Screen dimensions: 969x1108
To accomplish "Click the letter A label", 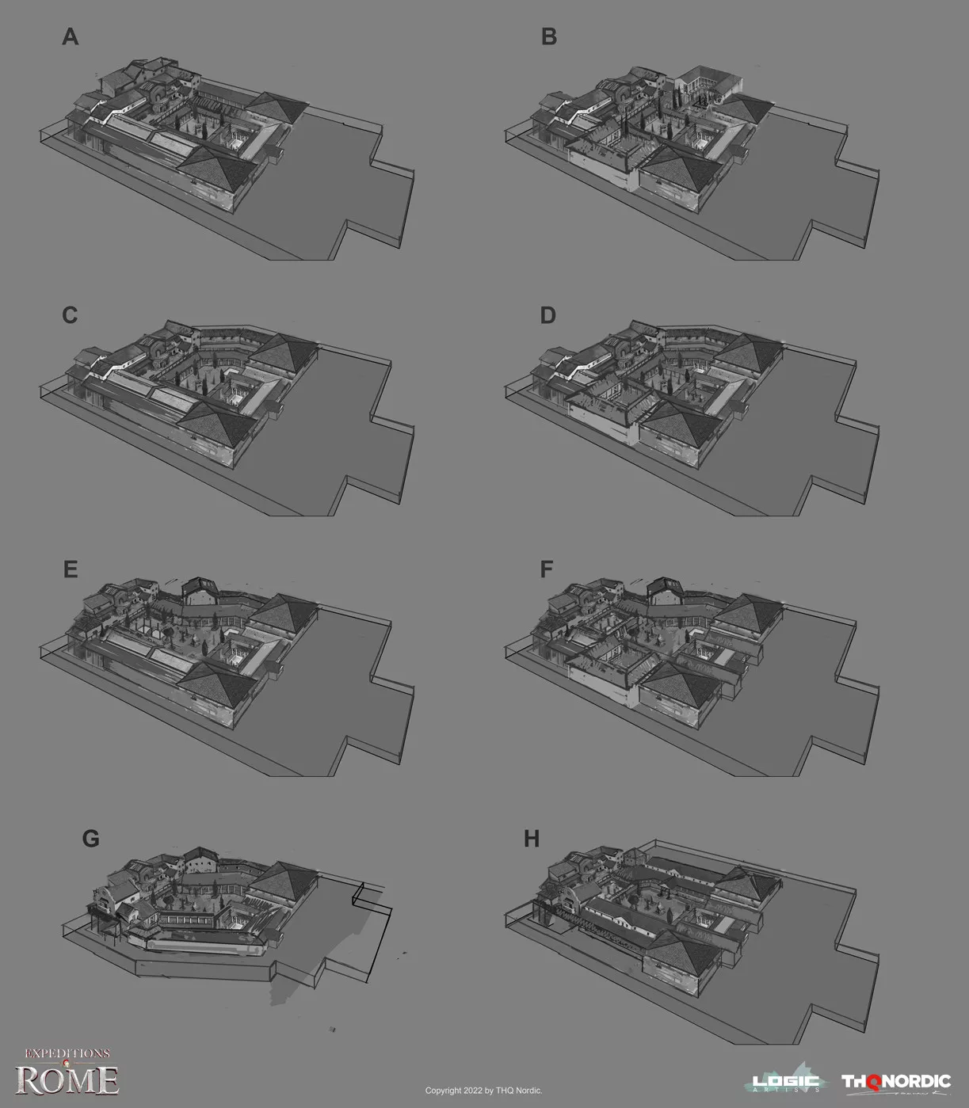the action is pyautogui.click(x=71, y=36).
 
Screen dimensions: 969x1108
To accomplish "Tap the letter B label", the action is pyautogui.click(x=549, y=36).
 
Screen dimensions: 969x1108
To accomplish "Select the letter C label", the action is pyautogui.click(x=70, y=315).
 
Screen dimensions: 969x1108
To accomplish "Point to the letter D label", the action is pyautogui.click(x=548, y=315).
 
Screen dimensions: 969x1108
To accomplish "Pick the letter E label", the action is pyautogui.click(x=71, y=569).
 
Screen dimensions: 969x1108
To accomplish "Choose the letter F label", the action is pyautogui.click(x=547, y=569).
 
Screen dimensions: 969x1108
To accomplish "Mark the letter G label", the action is pyautogui.click(x=90, y=839).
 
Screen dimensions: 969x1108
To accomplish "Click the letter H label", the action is pyautogui.click(x=532, y=839).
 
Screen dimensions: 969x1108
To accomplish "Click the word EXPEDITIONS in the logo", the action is pyautogui.click(x=67, y=1053).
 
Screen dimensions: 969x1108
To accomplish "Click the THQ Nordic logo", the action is pyautogui.click(x=896, y=1083).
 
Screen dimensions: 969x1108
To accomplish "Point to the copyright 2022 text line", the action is pyautogui.click(x=483, y=1090).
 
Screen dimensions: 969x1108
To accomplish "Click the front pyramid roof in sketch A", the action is pyautogui.click(x=216, y=167).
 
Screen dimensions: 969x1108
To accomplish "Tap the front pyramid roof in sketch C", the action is pyautogui.click(x=216, y=426).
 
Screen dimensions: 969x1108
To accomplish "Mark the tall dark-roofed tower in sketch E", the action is pyautogui.click(x=200, y=592).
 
